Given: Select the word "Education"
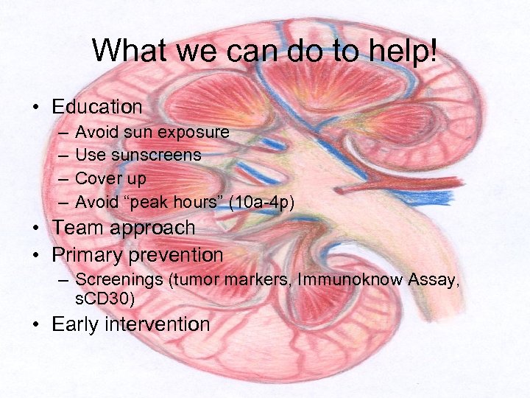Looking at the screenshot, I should pyautogui.click(x=97, y=107).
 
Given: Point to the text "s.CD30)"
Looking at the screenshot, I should pyautogui.click(x=105, y=298).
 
